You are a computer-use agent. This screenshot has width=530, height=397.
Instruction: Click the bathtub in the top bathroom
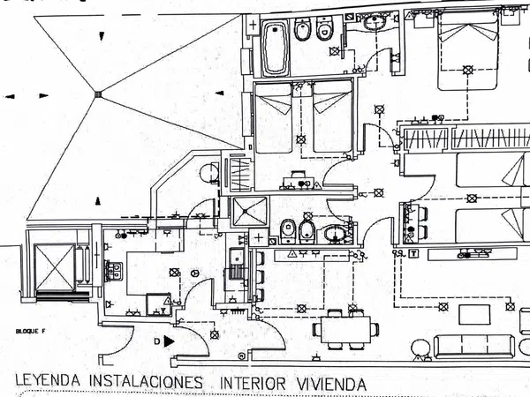point(274,49)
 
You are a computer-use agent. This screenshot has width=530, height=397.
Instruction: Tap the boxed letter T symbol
point(412,253)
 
